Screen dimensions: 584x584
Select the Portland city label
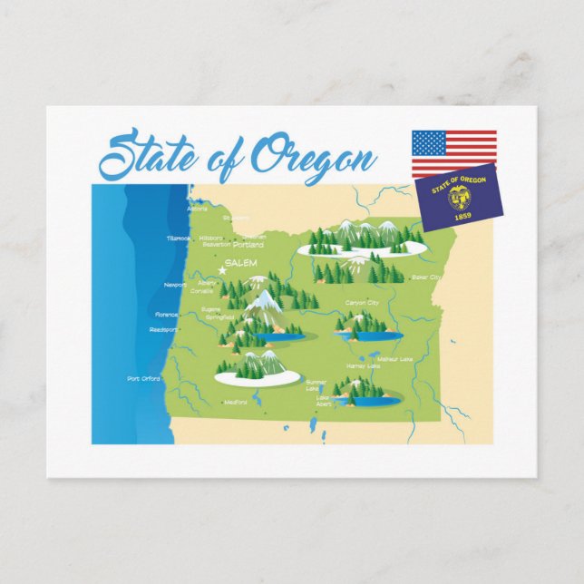click(x=248, y=245)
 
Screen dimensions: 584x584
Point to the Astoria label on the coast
click(x=197, y=209)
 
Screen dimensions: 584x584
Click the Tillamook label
click(x=179, y=238)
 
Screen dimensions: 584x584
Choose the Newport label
click(x=175, y=285)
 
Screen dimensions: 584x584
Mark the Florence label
click(x=167, y=315)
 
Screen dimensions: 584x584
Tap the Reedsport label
click(x=163, y=329)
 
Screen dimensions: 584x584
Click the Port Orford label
click(x=144, y=378)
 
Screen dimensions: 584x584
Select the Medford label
click(x=235, y=402)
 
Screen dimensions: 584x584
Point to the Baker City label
click(x=426, y=277)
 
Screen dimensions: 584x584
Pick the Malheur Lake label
click(x=394, y=359)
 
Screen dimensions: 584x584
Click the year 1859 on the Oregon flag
click(x=463, y=215)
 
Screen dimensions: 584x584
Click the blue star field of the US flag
click(x=429, y=142)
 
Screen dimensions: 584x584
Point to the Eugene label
click(x=210, y=309)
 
